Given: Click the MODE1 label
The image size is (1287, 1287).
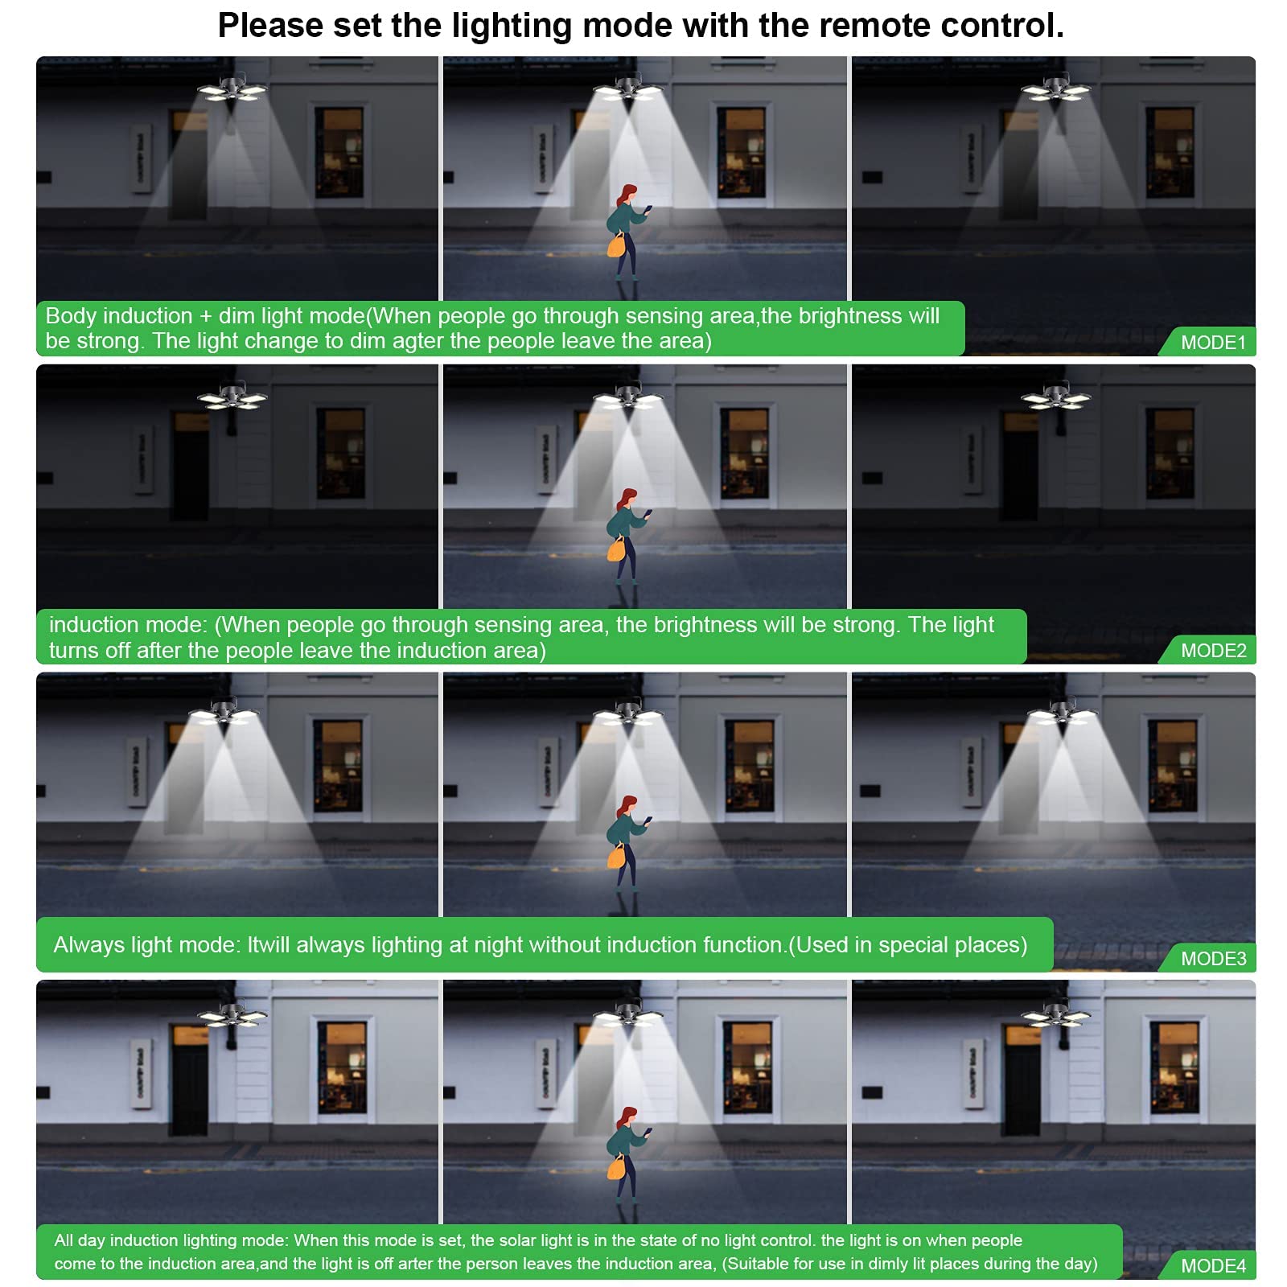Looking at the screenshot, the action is point(1213,342).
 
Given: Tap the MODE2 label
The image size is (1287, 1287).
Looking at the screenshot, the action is point(1213,650).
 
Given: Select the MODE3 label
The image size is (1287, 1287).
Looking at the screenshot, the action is point(1213,958).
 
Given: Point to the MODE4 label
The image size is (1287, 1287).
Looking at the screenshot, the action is point(1213,1265).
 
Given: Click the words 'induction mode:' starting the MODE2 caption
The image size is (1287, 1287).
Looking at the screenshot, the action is point(128,625).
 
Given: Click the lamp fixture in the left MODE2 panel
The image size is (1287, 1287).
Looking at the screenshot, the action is point(232,397).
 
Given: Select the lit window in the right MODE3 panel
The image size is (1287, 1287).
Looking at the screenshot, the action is point(1171,765).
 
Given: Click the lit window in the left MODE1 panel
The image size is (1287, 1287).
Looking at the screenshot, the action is point(339,153).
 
